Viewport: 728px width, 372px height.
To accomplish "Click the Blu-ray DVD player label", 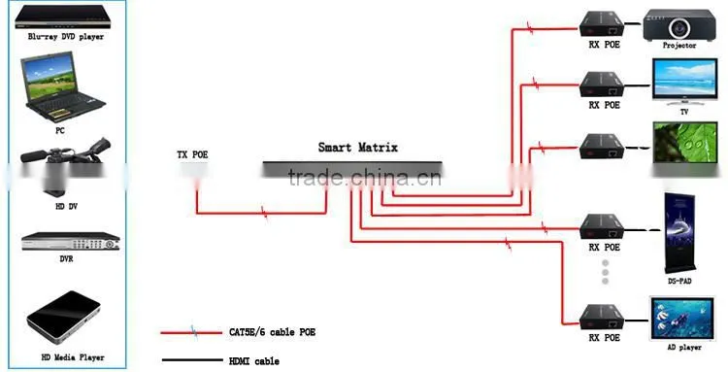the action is click(66, 37).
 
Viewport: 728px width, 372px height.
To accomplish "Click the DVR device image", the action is click(71, 242).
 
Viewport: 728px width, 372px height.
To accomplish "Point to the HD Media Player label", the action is click(73, 357).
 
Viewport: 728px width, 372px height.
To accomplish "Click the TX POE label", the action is click(192, 154).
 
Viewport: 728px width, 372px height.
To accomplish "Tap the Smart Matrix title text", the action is click(358, 148).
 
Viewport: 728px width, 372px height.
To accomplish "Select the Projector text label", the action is click(679, 46).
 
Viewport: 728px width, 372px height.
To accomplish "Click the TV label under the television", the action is click(684, 112).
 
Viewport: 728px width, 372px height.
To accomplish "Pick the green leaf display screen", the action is click(685, 143).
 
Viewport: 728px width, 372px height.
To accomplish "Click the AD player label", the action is click(684, 348).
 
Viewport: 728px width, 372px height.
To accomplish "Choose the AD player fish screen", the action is click(681, 319).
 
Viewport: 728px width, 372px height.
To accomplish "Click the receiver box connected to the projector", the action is click(601, 24).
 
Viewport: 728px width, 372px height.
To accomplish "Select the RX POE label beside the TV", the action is click(604, 106).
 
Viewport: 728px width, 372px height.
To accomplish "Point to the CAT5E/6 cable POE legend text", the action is click(272, 332).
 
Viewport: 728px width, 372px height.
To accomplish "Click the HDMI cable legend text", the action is click(254, 361).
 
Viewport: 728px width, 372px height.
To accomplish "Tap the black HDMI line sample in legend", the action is click(192, 360).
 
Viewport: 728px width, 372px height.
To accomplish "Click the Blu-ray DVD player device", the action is click(63, 17).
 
